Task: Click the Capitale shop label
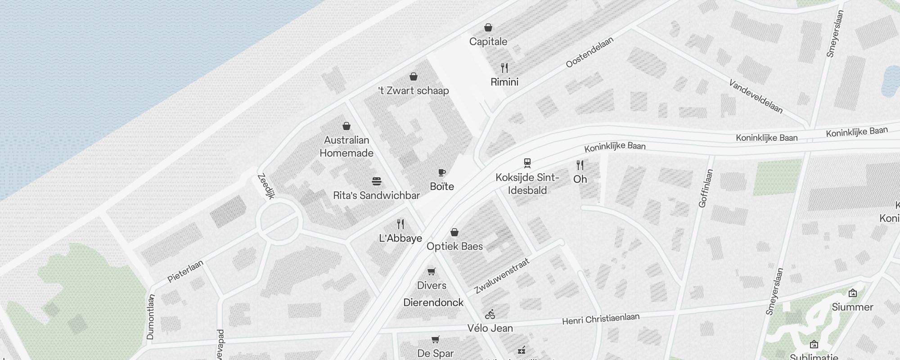click(x=488, y=42)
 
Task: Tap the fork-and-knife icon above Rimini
click(x=504, y=68)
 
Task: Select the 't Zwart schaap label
click(x=414, y=91)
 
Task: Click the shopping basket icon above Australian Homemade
click(x=346, y=126)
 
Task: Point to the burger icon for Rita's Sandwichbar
click(x=377, y=181)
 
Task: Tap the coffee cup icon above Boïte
click(x=442, y=173)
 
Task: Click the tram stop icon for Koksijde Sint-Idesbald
click(x=527, y=163)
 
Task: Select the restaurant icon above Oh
click(x=580, y=165)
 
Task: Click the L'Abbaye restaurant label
click(x=400, y=238)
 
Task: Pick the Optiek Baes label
click(x=454, y=247)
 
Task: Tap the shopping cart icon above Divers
click(x=432, y=271)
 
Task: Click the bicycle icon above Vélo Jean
click(x=490, y=314)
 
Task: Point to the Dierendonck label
click(x=433, y=303)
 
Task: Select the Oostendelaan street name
click(x=589, y=53)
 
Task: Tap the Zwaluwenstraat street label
click(x=502, y=275)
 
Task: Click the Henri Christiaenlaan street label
click(x=601, y=319)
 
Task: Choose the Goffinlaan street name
click(x=706, y=188)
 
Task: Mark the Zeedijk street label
click(x=265, y=186)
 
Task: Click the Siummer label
click(x=852, y=307)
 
